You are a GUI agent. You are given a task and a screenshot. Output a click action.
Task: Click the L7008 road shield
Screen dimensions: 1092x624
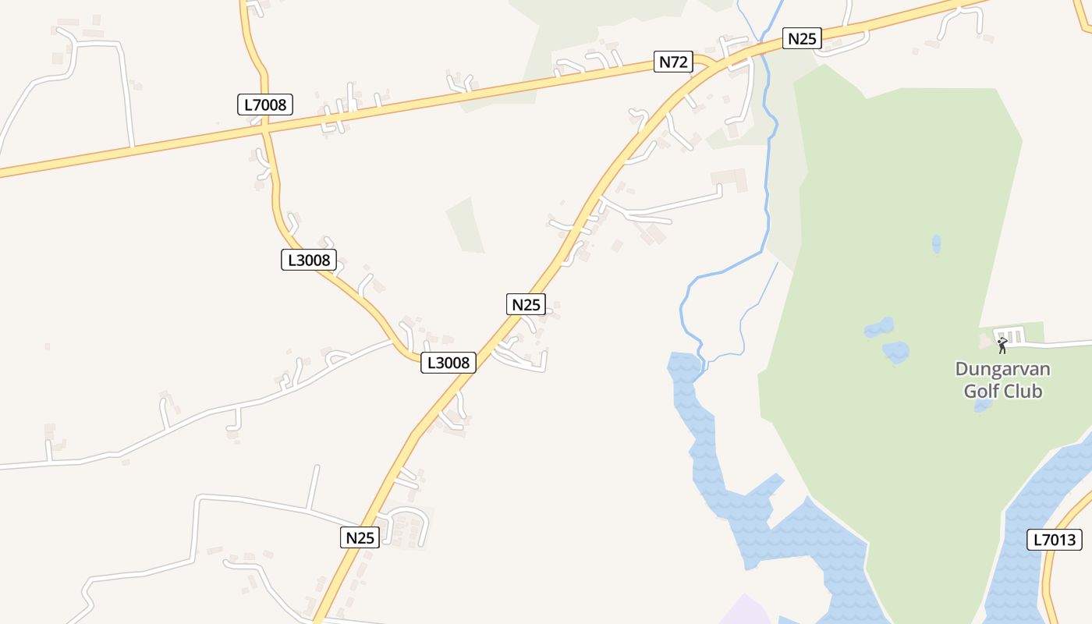click(x=265, y=104)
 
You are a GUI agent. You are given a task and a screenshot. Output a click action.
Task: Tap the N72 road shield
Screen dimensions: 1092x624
click(x=672, y=62)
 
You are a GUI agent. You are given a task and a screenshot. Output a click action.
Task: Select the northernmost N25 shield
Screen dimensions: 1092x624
click(x=802, y=38)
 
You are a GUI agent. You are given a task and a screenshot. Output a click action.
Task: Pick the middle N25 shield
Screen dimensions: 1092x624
click(x=526, y=304)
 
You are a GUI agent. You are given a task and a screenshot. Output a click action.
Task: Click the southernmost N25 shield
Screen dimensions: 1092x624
click(x=360, y=537)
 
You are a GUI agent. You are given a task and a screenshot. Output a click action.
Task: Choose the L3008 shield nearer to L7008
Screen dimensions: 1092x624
click(x=309, y=260)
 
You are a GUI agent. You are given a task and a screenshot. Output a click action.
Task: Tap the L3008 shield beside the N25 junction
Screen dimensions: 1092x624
click(x=448, y=363)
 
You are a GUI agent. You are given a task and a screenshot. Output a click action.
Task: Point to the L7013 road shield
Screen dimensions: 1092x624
click(x=1054, y=539)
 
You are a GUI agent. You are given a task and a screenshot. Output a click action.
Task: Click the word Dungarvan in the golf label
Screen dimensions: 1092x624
click(x=1002, y=369)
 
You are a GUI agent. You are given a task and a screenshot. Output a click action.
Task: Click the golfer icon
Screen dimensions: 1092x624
click(x=1002, y=345)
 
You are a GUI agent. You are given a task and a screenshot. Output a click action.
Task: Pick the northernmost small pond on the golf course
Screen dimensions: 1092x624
click(x=936, y=243)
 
